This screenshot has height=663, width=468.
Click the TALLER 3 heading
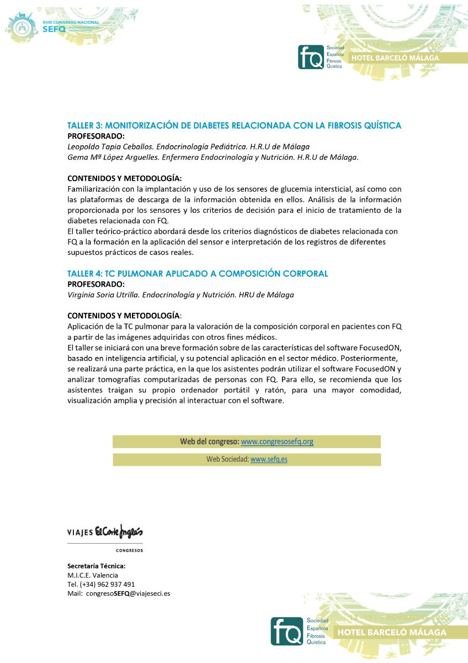(234, 125)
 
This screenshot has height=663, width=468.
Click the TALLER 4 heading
(198, 273)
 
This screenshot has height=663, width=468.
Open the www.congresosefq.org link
(277, 441)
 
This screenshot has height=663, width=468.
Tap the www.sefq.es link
(269, 459)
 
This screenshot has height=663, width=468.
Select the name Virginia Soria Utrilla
(102, 295)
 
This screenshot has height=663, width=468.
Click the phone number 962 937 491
(115, 584)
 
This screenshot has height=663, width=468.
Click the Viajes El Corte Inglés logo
(105, 532)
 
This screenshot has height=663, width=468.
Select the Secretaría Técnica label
(96, 566)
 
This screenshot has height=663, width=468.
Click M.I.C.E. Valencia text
(92, 575)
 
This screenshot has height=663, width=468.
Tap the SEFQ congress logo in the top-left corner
(55, 23)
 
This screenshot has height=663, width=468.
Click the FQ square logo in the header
(310, 57)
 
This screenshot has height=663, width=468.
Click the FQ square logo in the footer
(287, 631)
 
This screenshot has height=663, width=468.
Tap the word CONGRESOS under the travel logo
(129, 550)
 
